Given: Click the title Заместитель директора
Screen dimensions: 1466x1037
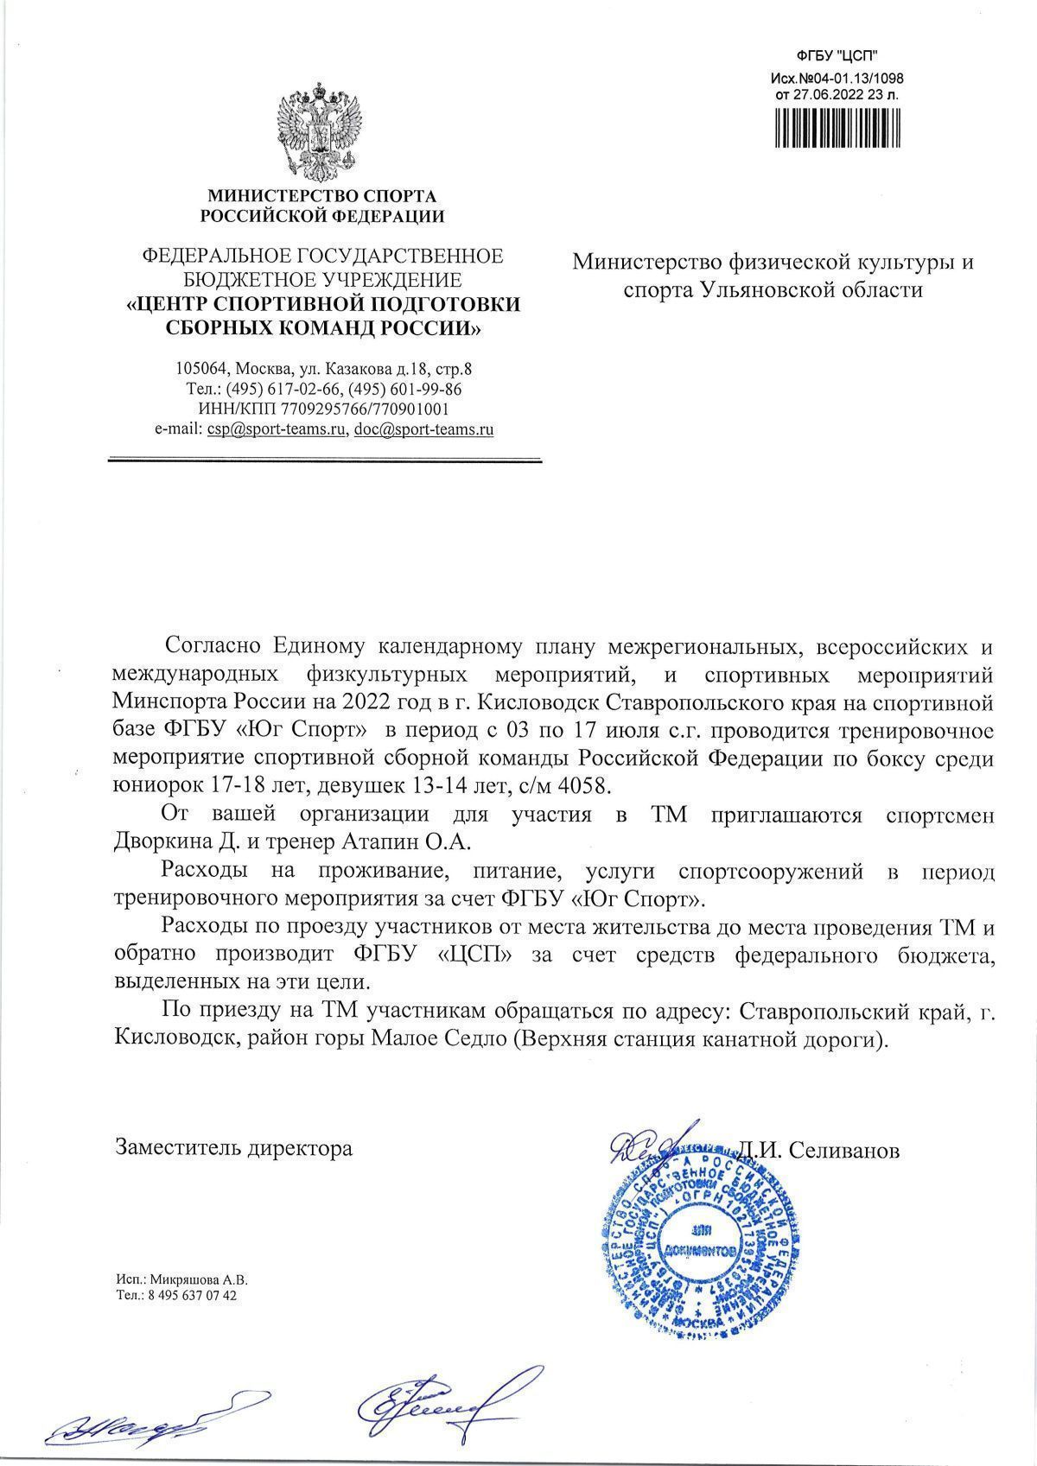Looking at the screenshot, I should click(x=233, y=1148).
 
